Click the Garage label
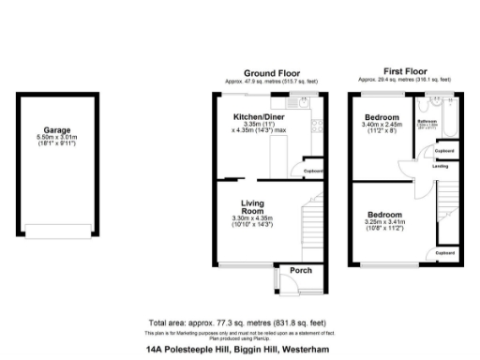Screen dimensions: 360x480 coord(56,130)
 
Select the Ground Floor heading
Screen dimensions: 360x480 coord(271,73)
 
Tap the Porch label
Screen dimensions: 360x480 coord(300,271)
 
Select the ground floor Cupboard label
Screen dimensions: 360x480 coord(313,172)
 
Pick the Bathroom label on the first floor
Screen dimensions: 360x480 coord(427,121)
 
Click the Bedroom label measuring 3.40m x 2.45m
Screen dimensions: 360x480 coord(382,116)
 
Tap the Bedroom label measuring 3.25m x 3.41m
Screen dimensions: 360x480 coord(384,215)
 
